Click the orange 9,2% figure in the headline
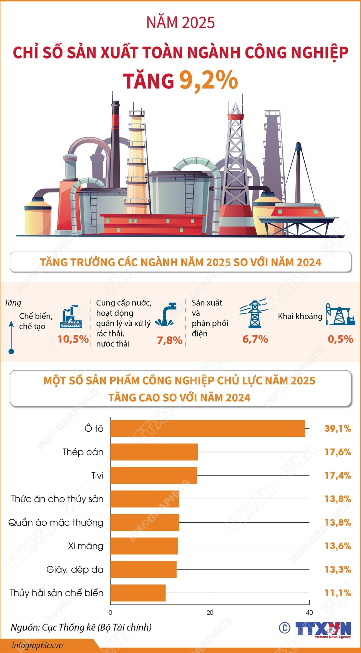coord(208,81)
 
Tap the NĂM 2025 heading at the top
coord(180,23)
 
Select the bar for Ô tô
coord(207,428)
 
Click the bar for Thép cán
coord(154,452)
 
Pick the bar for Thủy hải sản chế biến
coord(138,593)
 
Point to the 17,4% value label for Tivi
coord(338,475)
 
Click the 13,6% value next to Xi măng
coord(338,546)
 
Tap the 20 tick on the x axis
coord(210,612)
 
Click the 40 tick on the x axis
coord(309,612)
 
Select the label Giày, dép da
coord(75,570)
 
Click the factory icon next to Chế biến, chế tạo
coord(71,316)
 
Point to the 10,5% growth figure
coord(73,339)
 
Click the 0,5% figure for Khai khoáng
coord(340,339)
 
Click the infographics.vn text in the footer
coord(37,645)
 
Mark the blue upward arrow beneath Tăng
coord(11,337)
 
